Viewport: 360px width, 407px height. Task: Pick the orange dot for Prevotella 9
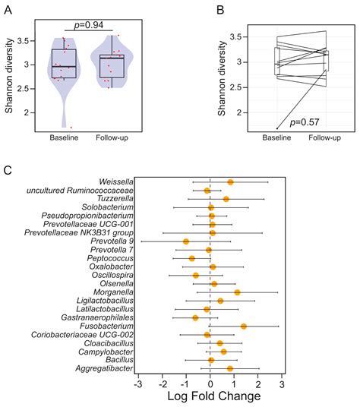click(186, 241)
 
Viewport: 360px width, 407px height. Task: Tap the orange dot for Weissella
click(230, 182)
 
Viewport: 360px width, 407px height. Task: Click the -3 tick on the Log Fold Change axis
click(137, 385)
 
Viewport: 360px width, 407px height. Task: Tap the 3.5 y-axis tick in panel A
click(27, 40)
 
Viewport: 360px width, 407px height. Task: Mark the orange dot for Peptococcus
click(192, 259)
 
